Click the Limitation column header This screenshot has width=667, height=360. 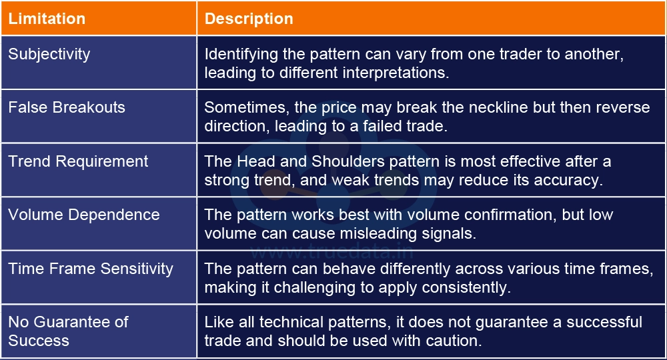(47, 19)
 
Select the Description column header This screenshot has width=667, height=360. (249, 19)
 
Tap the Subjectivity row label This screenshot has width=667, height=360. (49, 54)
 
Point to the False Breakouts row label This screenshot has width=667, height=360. (67, 107)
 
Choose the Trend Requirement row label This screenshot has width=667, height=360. (78, 161)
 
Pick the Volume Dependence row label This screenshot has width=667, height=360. (84, 215)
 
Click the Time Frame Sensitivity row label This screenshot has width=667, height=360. (91, 269)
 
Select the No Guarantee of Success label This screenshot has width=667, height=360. (68, 331)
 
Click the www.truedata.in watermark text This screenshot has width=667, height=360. (332, 252)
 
